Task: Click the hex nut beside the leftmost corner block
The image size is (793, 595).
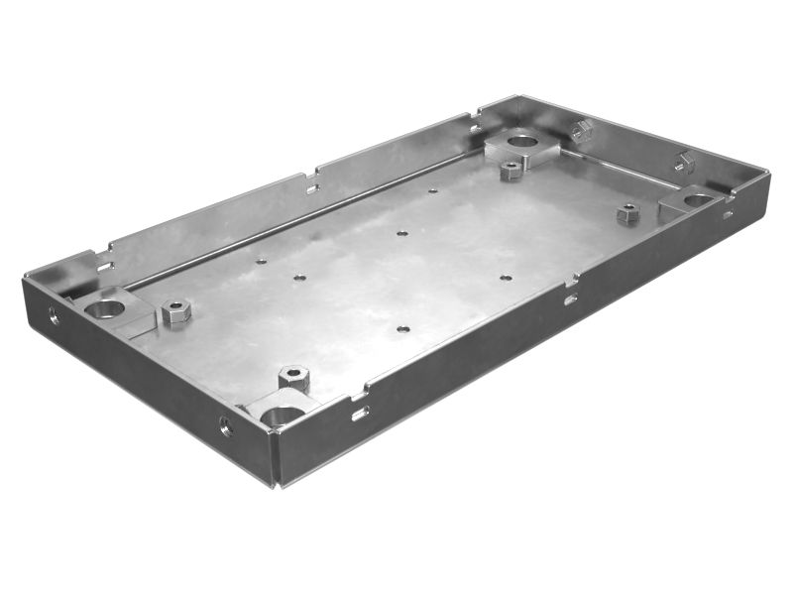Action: click(175, 314)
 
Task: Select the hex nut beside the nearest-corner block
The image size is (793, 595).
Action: click(293, 377)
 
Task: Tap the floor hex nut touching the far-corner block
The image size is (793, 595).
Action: click(510, 170)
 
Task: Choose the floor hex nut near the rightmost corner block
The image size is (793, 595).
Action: click(626, 213)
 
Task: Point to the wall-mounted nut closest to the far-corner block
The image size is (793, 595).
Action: click(582, 130)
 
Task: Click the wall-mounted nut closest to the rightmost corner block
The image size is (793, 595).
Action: click(685, 162)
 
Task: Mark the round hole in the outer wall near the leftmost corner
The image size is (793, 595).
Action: click(54, 316)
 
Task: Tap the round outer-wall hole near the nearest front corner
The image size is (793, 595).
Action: click(226, 426)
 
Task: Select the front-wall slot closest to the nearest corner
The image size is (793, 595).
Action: click(360, 412)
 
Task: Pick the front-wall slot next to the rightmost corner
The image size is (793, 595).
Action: click(728, 213)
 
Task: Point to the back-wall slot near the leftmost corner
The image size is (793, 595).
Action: click(104, 264)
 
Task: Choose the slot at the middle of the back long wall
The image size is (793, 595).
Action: click(312, 185)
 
